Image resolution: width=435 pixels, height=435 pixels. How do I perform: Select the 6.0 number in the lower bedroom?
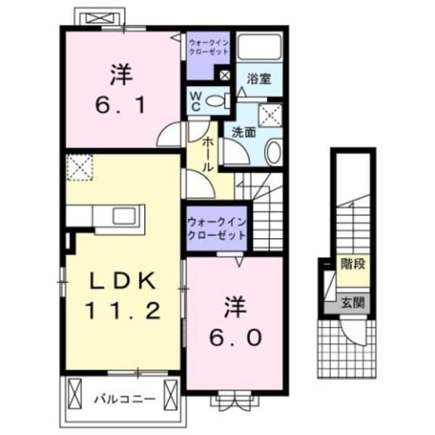(232, 337)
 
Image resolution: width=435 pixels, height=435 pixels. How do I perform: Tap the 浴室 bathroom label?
(258, 77)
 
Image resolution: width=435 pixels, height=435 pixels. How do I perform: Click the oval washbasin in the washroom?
(273, 153)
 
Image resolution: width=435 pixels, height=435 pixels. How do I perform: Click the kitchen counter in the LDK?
(107, 216)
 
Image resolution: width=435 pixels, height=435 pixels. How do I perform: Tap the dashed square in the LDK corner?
(78, 169)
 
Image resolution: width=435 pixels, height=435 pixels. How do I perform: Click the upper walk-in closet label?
(208, 48)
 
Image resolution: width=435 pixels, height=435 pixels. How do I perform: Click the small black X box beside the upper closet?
(224, 75)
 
